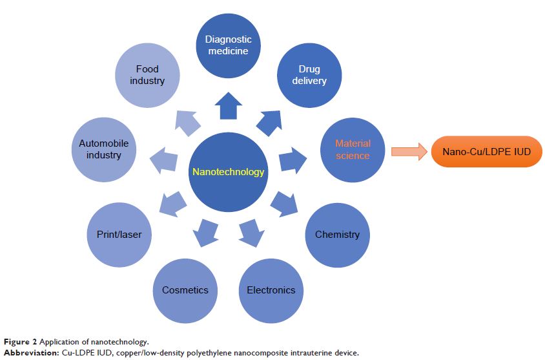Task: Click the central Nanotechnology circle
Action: point(228,172)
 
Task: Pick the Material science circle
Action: point(353,150)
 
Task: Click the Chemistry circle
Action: point(337,234)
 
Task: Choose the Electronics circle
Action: point(271,290)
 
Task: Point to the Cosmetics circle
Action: point(185,290)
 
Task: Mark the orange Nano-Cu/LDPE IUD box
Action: point(487,152)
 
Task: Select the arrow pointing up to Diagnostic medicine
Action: point(228,106)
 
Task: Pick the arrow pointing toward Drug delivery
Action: point(270,122)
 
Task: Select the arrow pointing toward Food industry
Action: point(186,122)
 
